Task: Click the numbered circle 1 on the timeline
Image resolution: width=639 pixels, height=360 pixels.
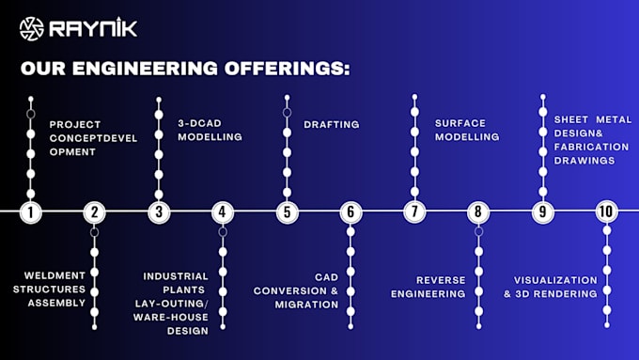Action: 31,211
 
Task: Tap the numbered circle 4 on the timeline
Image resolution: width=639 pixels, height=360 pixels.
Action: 223,211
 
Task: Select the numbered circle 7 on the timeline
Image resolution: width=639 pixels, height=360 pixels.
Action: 414,211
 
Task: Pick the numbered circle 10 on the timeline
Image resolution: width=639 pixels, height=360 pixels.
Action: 606,211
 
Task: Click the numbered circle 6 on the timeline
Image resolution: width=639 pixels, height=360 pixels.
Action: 351,211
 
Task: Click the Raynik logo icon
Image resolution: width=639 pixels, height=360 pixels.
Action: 31,27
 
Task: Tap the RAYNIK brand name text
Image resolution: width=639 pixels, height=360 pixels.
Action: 94,27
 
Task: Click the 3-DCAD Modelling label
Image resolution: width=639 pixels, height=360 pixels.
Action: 210,130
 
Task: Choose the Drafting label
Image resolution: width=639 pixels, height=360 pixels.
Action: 331,124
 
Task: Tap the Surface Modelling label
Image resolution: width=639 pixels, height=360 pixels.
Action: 467,130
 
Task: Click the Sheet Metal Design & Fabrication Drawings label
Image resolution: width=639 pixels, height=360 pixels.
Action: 591,139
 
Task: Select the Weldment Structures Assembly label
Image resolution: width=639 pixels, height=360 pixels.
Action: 55,290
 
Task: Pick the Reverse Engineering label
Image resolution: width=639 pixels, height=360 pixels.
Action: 428,287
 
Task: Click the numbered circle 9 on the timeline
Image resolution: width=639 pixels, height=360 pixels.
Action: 542,211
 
